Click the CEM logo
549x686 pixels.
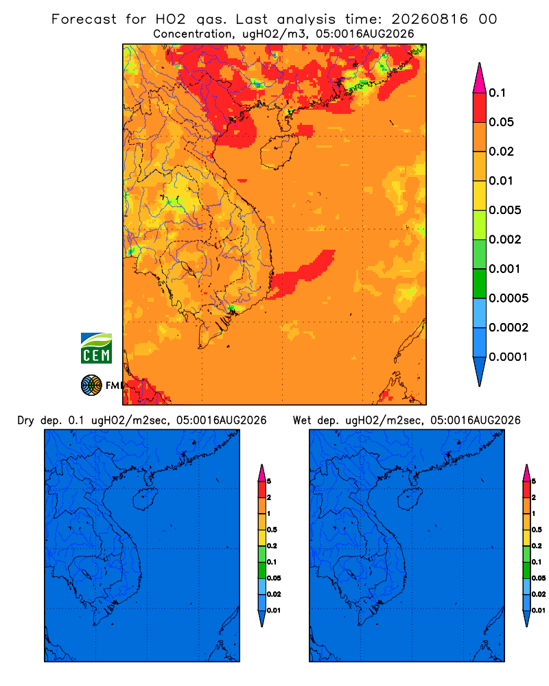[x=96, y=348]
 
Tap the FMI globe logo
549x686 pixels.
[x=91, y=385]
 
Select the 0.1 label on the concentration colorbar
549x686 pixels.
[x=497, y=93]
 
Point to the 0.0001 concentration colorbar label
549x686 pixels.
[x=508, y=357]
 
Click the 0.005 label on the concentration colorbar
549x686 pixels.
[x=505, y=210]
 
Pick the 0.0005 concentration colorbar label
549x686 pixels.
[x=509, y=298]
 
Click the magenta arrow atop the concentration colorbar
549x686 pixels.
[x=480, y=78]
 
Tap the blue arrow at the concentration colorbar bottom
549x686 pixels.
[x=480, y=371]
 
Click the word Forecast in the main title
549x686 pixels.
[x=84, y=19]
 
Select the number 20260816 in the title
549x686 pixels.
[x=430, y=19]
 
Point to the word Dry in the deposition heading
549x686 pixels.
[x=26, y=421]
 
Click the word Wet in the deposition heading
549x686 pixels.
[x=302, y=421]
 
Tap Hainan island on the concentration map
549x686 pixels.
[x=279, y=152]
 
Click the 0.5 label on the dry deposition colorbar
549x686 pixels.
[x=272, y=530]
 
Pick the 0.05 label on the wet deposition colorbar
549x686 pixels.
[x=539, y=578]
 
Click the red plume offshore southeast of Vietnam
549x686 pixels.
[x=301, y=275]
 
